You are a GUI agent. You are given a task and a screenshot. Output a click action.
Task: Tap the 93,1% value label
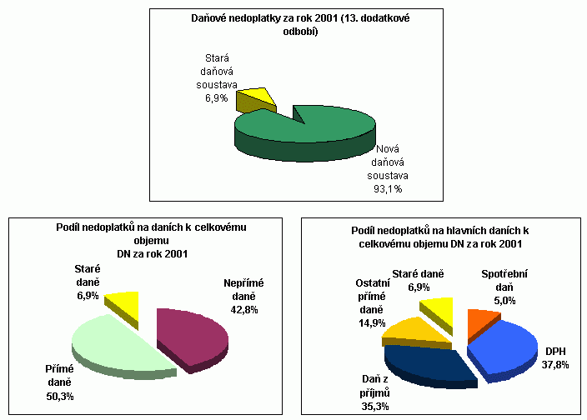click(x=386, y=188)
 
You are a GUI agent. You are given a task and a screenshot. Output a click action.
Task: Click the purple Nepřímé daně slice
click(x=196, y=335)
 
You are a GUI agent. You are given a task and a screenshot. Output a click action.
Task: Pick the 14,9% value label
click(x=362, y=322)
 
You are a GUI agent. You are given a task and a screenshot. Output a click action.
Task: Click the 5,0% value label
click(x=504, y=300)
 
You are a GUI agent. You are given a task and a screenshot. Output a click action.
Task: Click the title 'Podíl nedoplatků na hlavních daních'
click(x=441, y=237)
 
